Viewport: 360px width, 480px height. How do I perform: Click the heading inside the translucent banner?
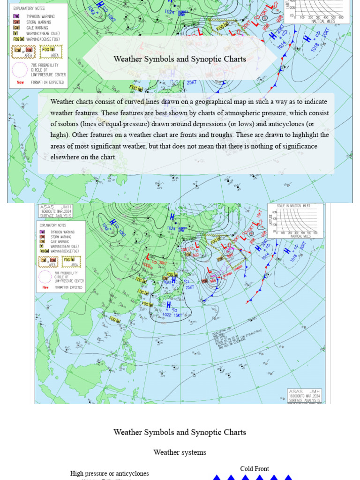click(x=180, y=59)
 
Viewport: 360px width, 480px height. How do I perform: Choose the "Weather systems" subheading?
click(x=180, y=452)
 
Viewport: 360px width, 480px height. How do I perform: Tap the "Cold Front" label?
click(x=255, y=469)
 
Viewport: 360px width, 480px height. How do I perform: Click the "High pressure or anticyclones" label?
click(x=109, y=473)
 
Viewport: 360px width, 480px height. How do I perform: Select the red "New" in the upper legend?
click(x=20, y=82)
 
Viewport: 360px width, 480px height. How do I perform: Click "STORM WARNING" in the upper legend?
click(x=39, y=22)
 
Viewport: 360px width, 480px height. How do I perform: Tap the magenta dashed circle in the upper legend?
click(x=20, y=69)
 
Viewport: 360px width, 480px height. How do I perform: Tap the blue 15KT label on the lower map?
click(x=178, y=315)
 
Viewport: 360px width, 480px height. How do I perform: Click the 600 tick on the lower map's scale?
click(x=315, y=233)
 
